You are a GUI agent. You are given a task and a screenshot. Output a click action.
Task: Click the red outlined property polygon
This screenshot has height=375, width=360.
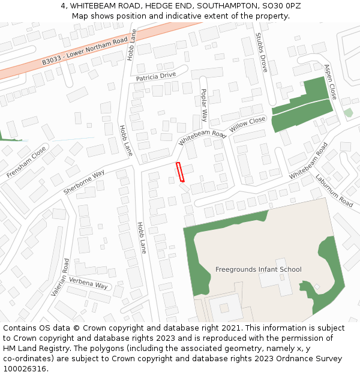pyautogui.click(x=180, y=172)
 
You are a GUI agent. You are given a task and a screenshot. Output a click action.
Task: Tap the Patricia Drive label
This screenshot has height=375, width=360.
pyautogui.click(x=155, y=76)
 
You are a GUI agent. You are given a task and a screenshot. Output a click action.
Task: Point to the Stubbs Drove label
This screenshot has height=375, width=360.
pyautogui.click(x=262, y=53)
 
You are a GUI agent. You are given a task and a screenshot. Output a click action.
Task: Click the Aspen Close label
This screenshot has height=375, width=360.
pyautogui.click(x=331, y=82)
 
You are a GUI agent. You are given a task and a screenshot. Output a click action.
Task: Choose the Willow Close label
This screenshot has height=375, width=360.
pyautogui.click(x=247, y=125)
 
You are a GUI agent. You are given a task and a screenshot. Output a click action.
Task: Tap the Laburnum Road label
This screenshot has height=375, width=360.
pyautogui.click(x=334, y=191)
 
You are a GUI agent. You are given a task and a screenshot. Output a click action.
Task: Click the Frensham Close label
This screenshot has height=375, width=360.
pyautogui.click(x=26, y=162)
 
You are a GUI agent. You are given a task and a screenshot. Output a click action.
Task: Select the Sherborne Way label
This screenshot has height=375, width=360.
pyautogui.click(x=83, y=182)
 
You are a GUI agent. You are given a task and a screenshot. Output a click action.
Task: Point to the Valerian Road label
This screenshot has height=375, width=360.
pyautogui.click(x=62, y=278)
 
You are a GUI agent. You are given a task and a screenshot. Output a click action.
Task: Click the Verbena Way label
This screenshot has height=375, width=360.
pyautogui.click(x=88, y=283)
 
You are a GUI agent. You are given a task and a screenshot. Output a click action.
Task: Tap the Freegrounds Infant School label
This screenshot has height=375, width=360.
pyautogui.click(x=258, y=269)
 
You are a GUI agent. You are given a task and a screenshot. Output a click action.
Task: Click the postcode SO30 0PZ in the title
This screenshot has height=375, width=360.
pyautogui.click(x=281, y=6)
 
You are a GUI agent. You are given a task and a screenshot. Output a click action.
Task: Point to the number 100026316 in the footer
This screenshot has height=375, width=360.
pyautogui.click(x=24, y=369)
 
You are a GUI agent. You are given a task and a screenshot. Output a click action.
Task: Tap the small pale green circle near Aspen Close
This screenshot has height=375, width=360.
pyautogui.click(x=349, y=113)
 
